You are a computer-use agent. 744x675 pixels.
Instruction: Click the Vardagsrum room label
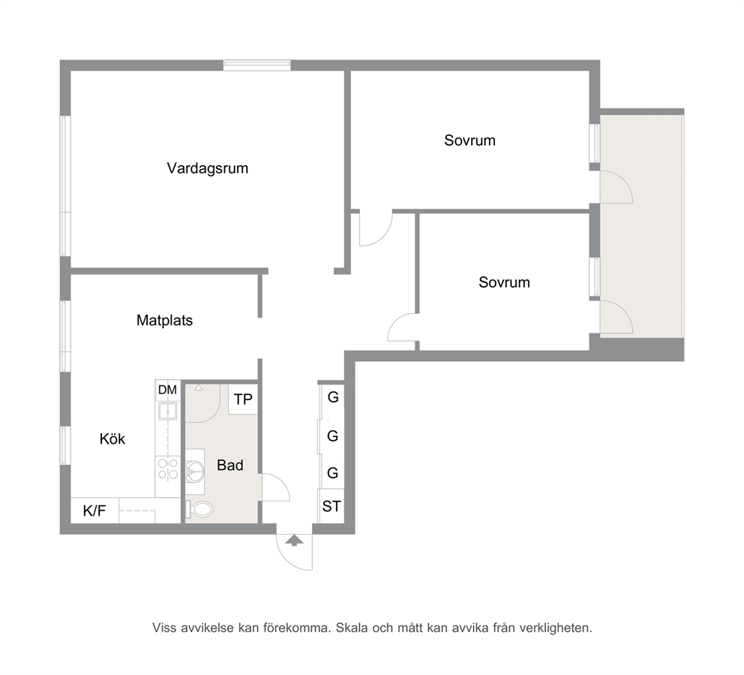(207, 169)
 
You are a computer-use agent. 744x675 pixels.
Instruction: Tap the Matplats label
(165, 321)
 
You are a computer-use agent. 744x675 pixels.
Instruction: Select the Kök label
(112, 439)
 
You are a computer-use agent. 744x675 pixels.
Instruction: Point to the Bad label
(230, 465)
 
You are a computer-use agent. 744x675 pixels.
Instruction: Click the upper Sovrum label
(469, 140)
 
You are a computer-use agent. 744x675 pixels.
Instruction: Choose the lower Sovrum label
(504, 282)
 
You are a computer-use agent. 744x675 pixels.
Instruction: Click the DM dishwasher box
(167, 390)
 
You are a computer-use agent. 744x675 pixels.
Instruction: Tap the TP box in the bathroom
(243, 399)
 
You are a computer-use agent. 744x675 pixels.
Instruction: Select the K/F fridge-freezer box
(94, 511)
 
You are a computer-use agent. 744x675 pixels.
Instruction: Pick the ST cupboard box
(331, 506)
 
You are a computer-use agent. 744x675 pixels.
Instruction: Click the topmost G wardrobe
(332, 398)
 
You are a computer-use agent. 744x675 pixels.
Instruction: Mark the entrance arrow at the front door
(294, 540)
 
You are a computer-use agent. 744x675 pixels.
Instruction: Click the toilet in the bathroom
(199, 510)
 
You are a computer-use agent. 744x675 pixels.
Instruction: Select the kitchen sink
(168, 411)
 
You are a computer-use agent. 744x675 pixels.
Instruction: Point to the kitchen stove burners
(168, 469)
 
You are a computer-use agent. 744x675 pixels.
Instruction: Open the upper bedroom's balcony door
(616, 187)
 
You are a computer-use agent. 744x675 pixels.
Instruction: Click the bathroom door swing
(275, 487)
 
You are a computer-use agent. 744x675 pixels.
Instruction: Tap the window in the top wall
(256, 65)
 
